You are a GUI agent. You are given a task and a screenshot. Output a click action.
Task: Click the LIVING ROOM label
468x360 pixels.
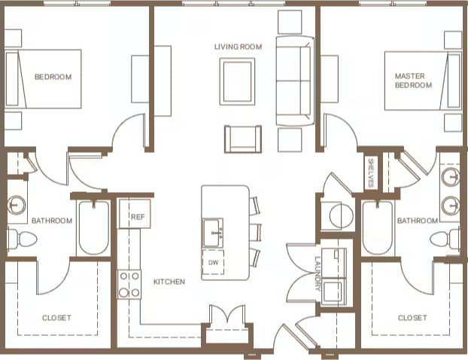tap(238, 47)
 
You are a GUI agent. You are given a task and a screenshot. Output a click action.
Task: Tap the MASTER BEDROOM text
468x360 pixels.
tap(414, 81)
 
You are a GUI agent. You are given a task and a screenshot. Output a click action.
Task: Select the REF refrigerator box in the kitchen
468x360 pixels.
tap(136, 216)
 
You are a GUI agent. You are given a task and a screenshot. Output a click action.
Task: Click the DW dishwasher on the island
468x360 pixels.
tap(214, 262)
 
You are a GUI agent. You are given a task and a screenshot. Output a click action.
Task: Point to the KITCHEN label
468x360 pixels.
tap(169, 282)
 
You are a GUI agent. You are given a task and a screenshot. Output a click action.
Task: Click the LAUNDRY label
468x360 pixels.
tap(318, 275)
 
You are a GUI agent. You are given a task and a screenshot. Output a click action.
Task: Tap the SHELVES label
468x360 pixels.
tap(371, 175)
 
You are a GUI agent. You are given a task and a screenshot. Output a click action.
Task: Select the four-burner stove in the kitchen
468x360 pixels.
tap(129, 284)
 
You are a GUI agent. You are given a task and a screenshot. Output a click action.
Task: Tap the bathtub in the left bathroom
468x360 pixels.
tap(93, 227)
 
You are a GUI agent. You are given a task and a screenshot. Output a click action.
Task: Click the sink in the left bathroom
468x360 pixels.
tap(18, 205)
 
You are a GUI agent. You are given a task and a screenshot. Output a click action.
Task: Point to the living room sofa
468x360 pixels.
tap(294, 81)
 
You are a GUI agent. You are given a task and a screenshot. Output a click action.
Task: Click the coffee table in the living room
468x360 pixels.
tap(238, 81)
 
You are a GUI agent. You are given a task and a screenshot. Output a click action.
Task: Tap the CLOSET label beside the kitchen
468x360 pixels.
tap(57, 318)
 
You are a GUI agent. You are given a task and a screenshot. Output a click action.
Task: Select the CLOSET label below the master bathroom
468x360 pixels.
tap(412, 318)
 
